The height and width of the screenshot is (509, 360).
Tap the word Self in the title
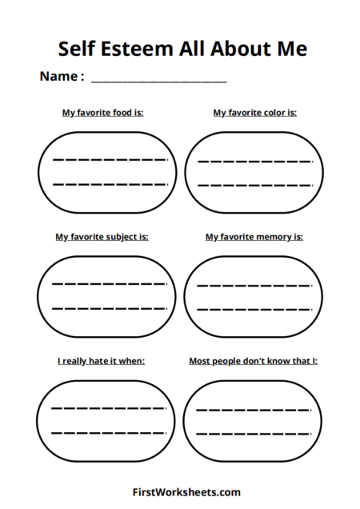tap(78, 49)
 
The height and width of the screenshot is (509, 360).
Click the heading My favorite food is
tap(103, 113)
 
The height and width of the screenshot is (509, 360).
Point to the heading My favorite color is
tap(254, 113)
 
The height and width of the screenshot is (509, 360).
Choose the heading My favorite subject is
tap(102, 237)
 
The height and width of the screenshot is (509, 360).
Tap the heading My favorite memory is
tap(254, 237)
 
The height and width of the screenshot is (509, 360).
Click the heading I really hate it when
tap(101, 361)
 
